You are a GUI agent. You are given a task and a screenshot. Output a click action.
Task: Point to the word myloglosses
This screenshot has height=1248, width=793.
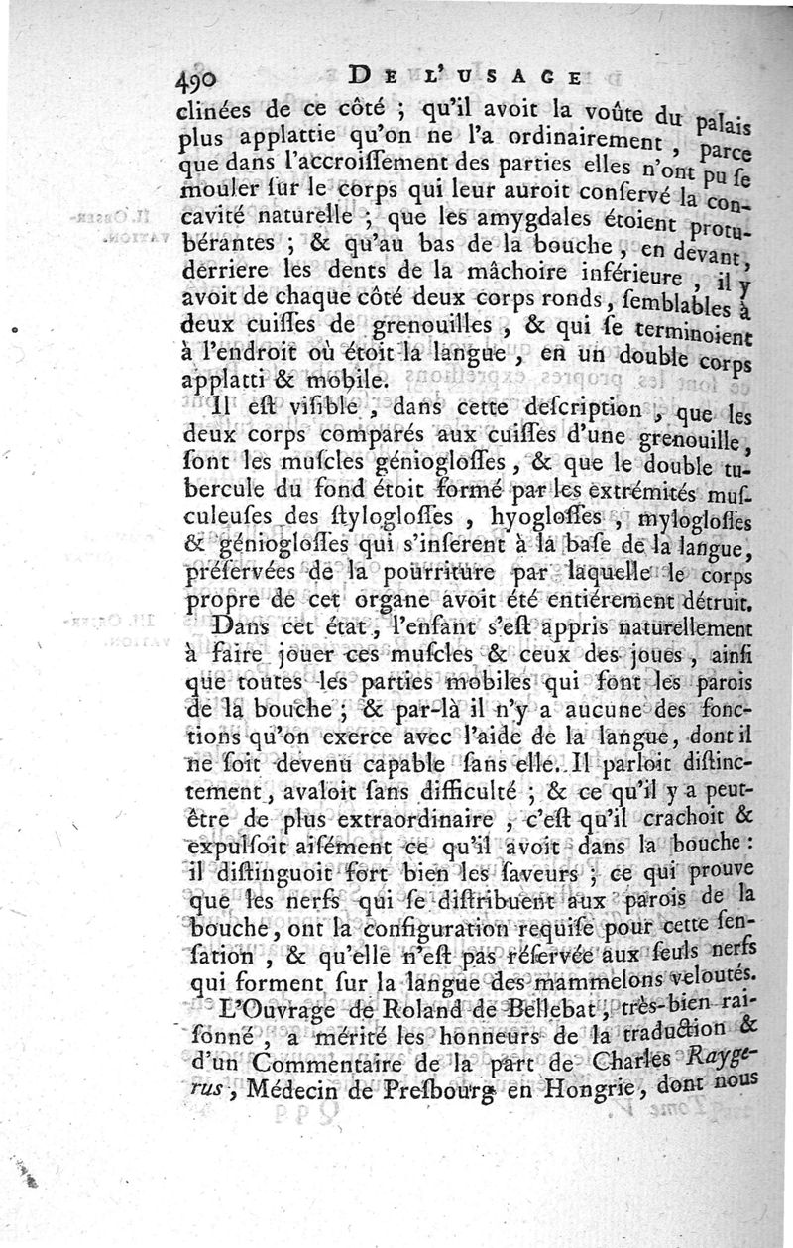point(702,518)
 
